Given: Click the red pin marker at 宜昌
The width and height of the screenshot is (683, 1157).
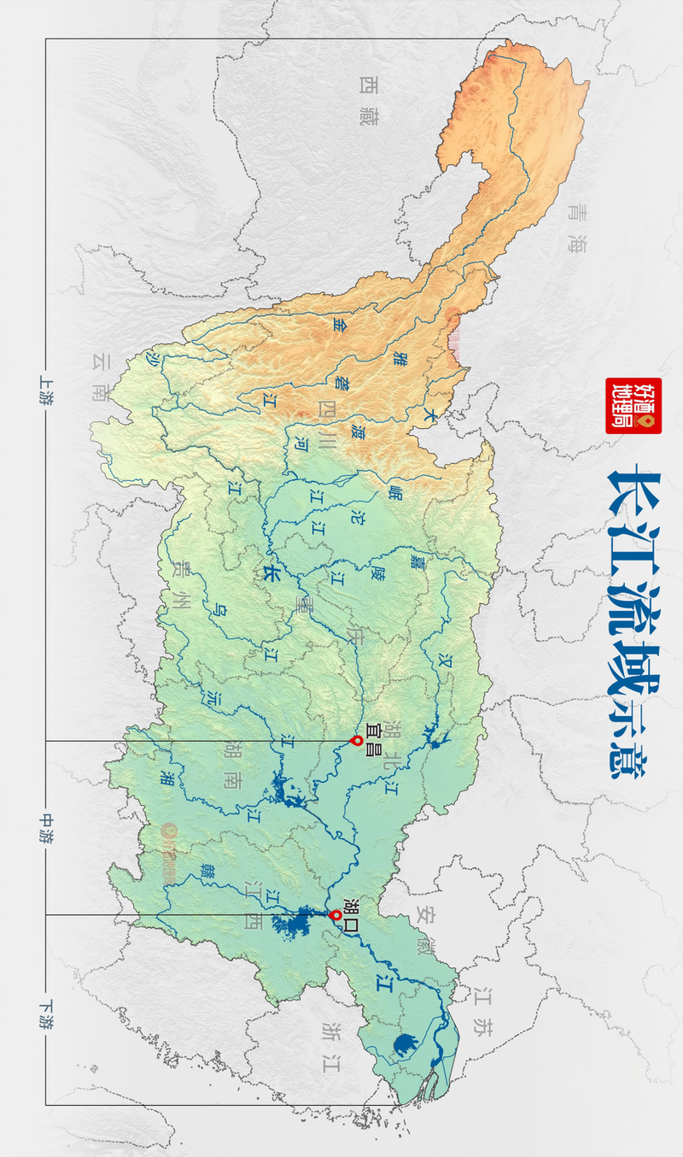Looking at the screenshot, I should tap(357, 740).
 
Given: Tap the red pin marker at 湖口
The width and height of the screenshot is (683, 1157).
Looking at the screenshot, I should tap(336, 915).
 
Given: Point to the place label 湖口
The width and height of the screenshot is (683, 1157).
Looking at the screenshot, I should tap(350, 909).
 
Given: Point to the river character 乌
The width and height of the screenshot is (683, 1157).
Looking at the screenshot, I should tap(221, 610).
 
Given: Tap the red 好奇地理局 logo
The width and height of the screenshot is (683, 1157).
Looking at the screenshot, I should tap(633, 405).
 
